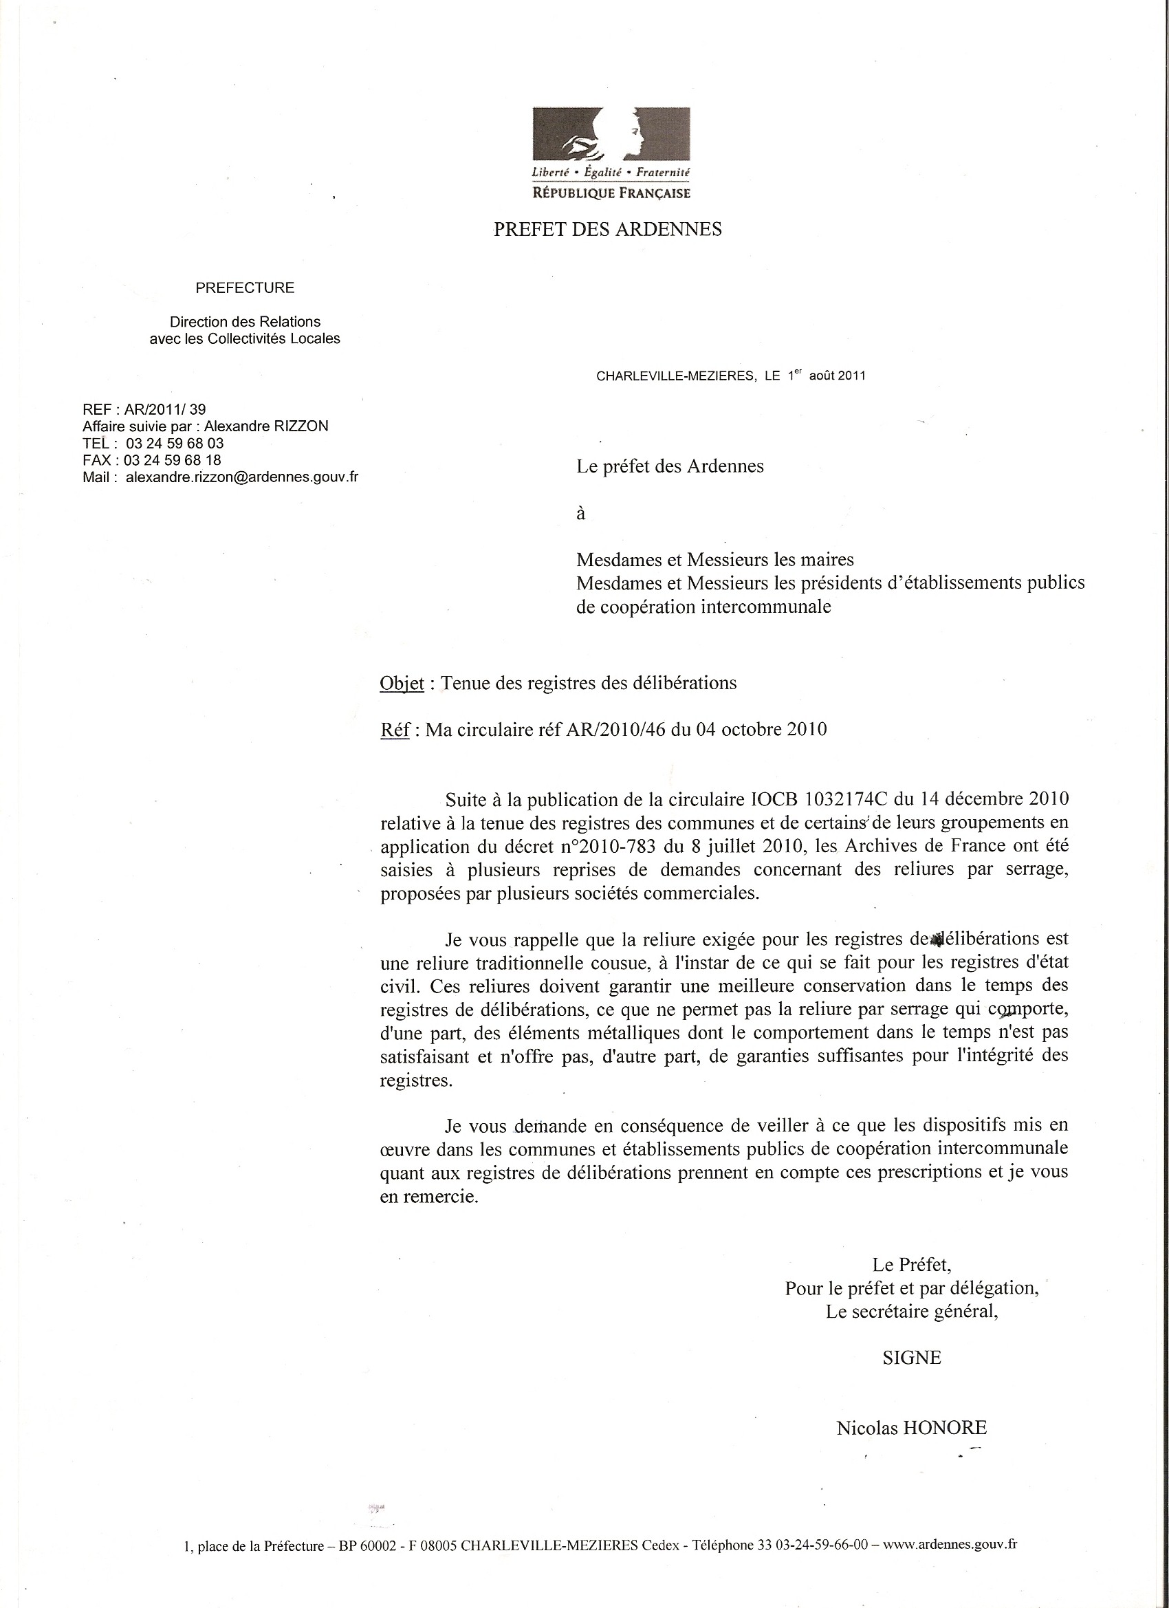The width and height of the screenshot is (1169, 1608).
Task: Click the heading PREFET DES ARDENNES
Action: [608, 230]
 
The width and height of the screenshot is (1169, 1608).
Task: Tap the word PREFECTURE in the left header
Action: [245, 288]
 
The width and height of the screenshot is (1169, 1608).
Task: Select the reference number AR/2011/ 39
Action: [165, 409]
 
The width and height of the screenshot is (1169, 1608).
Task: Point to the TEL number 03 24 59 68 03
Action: [175, 443]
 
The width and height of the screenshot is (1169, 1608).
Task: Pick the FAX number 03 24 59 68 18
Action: [173, 460]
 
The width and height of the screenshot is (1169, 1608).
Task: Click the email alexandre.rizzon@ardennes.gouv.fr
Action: [242, 477]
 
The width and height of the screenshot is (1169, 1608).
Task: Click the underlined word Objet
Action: [402, 684]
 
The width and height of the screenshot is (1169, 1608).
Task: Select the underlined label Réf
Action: [395, 730]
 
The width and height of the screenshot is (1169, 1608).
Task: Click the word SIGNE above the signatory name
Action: [912, 1358]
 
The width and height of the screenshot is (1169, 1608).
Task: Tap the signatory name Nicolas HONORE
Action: [912, 1408]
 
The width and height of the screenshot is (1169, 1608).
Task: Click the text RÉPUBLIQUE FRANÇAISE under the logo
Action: [611, 193]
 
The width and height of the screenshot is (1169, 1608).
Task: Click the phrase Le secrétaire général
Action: [912, 1312]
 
